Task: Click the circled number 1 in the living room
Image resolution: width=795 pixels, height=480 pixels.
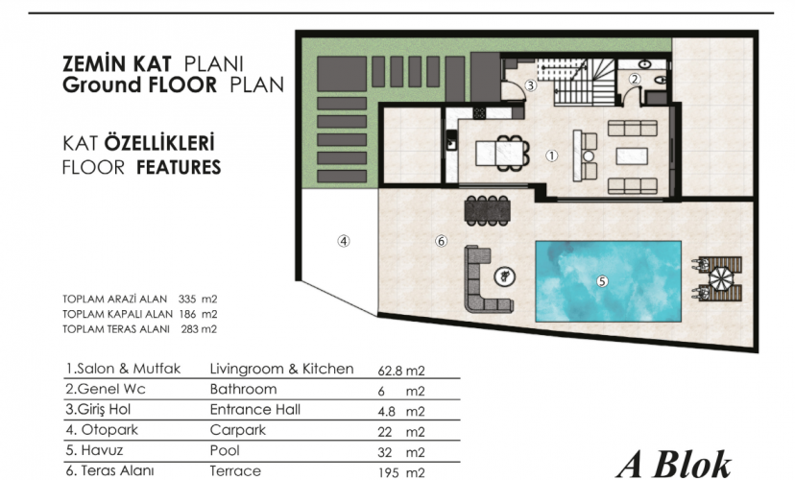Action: point(552,156)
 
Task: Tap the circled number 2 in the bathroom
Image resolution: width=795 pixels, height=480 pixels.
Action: point(635,79)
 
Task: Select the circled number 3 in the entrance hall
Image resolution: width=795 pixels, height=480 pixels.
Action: point(530,85)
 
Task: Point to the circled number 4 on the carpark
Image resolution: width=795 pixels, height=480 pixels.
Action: point(344,241)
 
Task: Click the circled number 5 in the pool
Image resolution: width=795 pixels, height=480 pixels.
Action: point(602,281)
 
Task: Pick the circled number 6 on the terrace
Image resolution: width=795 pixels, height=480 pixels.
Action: point(441,241)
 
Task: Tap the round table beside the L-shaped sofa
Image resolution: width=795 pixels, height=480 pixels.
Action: point(505,276)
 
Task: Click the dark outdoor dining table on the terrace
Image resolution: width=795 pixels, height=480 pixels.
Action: point(487,210)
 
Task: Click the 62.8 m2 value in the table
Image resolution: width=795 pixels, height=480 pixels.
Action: point(401,371)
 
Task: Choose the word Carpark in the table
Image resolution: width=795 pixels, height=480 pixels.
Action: point(238,430)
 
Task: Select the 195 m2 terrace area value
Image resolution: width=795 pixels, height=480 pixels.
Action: point(401,472)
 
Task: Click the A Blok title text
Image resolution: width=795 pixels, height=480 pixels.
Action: point(674,465)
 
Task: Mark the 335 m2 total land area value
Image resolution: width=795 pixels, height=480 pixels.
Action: point(198,300)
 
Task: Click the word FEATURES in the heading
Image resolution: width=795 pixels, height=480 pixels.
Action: point(179,167)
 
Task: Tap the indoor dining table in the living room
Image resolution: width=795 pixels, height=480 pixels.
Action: point(502,153)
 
